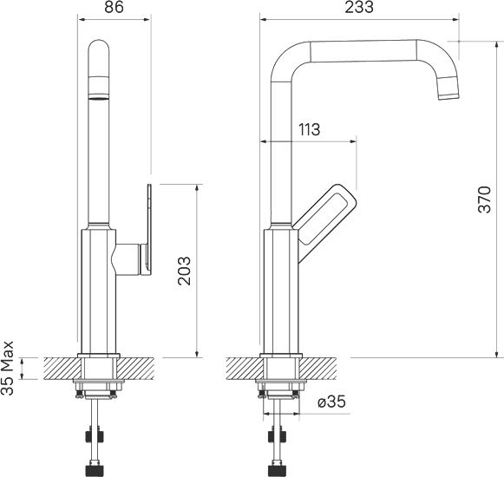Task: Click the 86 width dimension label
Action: click(115, 7)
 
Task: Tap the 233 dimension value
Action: click(359, 7)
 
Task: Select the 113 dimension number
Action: click(309, 129)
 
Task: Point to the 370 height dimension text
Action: click(485, 199)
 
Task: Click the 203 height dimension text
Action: click(185, 271)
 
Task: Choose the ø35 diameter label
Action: click(331, 402)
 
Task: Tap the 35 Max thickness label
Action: click(7, 368)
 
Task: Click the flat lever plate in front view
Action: click(149, 230)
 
